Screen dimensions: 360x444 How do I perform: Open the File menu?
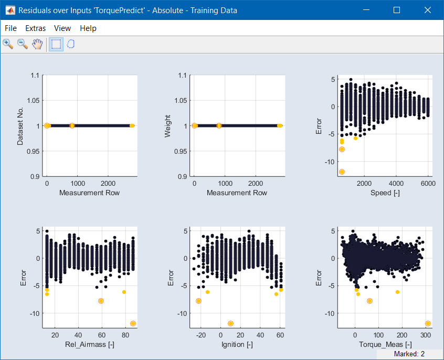(x=10, y=28)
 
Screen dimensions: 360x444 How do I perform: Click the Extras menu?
(x=36, y=28)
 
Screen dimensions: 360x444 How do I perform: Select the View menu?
(x=62, y=28)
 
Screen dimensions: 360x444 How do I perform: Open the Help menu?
(x=88, y=28)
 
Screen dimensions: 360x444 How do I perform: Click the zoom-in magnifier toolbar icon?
(x=8, y=44)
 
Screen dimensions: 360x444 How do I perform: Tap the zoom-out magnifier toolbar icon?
(x=23, y=44)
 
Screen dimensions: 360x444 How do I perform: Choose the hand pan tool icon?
(x=37, y=44)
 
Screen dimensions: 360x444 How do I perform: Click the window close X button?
(x=427, y=10)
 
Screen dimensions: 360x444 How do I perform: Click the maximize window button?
(x=397, y=10)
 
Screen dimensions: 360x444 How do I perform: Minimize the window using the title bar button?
(x=366, y=10)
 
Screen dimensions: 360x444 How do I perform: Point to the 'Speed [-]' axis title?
(x=385, y=193)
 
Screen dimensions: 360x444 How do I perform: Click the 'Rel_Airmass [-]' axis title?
(x=90, y=345)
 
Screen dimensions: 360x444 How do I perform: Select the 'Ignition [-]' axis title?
(x=237, y=345)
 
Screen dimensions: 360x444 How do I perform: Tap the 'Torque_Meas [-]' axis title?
(x=385, y=345)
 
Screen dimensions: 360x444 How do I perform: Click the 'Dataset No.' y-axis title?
(x=20, y=126)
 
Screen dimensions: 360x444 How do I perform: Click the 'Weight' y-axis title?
(x=168, y=126)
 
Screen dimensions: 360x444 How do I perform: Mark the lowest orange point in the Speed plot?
(x=342, y=172)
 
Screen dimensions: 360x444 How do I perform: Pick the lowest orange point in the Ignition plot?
(x=230, y=323)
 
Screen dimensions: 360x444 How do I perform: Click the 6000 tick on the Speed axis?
(x=428, y=183)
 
